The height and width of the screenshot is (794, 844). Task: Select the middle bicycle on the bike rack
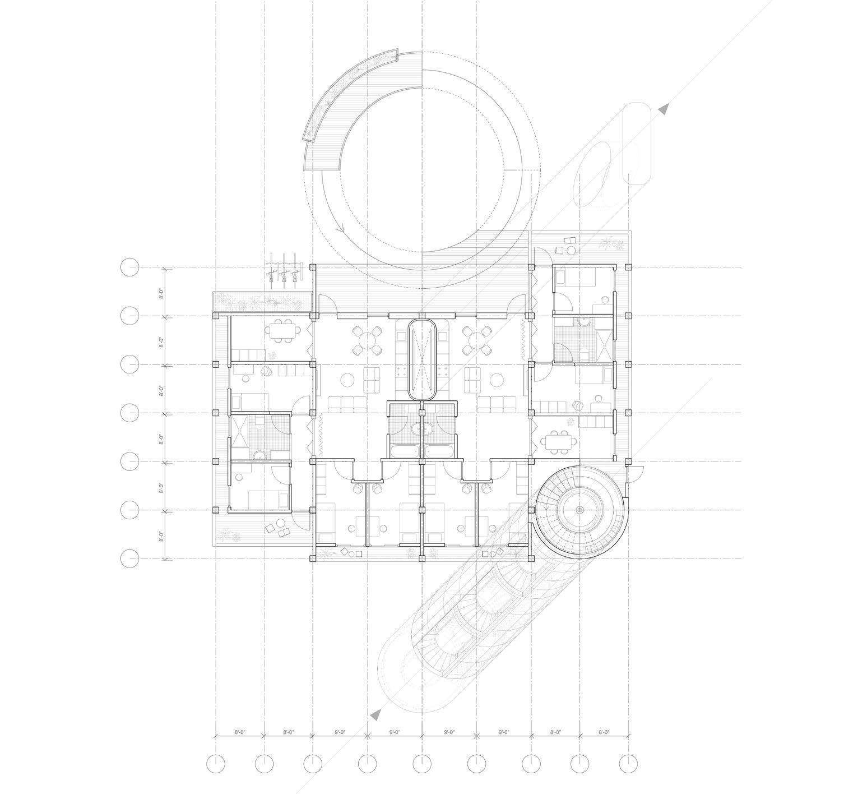pos(284,269)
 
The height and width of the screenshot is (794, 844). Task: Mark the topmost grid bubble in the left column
pos(129,267)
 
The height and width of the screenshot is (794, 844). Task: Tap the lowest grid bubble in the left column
pos(129,558)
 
